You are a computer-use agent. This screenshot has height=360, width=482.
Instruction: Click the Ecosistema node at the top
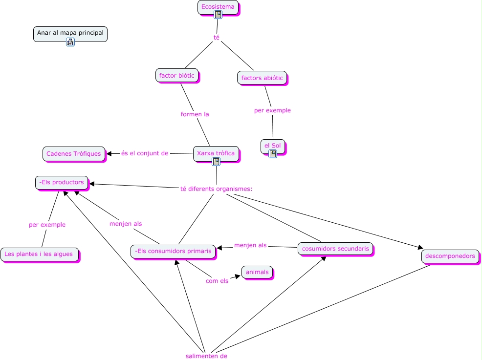pyautogui.click(x=218, y=7)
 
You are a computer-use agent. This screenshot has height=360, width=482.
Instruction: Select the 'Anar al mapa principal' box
pyautogui.click(x=70, y=33)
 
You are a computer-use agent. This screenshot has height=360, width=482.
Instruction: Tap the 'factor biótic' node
pyautogui.click(x=176, y=75)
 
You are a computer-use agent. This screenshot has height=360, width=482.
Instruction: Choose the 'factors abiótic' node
pyautogui.click(x=262, y=78)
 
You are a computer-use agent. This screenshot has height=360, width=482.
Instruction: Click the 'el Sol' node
pyautogui.click(x=272, y=146)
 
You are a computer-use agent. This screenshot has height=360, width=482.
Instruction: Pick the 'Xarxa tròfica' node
pyautogui.click(x=216, y=153)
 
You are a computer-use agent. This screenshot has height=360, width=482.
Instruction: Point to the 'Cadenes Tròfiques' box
pyautogui.click(x=73, y=153)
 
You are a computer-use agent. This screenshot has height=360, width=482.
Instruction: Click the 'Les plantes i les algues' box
pyautogui.click(x=39, y=254)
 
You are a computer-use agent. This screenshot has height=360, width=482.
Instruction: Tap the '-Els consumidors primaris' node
pyautogui.click(x=174, y=251)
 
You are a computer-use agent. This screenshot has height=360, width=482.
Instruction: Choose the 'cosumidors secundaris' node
pyautogui.click(x=335, y=248)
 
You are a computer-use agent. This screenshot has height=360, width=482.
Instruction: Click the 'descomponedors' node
pyautogui.click(x=450, y=256)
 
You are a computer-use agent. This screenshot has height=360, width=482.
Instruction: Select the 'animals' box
pyautogui.click(x=257, y=272)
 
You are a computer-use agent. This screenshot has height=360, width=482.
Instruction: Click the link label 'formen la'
pyautogui.click(x=195, y=114)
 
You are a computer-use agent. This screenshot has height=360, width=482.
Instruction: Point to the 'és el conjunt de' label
pyautogui.click(x=145, y=153)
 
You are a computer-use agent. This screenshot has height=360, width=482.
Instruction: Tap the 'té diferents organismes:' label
pyautogui.click(x=216, y=189)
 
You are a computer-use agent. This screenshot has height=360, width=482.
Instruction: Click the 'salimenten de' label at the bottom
pyautogui.click(x=206, y=356)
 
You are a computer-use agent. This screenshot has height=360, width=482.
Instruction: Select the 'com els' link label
pyautogui.click(x=217, y=281)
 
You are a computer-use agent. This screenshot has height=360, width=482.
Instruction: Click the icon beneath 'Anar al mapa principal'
pyautogui.click(x=70, y=42)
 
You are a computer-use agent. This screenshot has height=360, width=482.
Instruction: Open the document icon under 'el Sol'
pyautogui.click(x=273, y=154)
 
